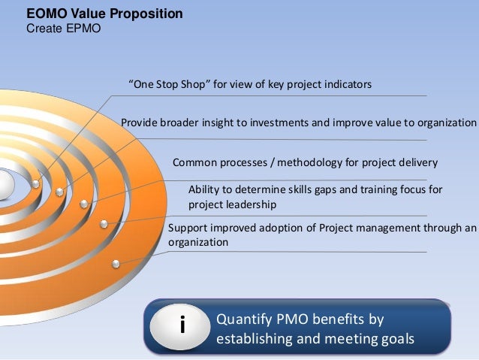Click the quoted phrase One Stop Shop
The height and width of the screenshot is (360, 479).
tap(169, 85)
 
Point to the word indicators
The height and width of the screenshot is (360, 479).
tap(346, 85)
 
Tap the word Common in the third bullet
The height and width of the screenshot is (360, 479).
tap(194, 162)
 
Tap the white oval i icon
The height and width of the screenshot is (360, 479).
tap(181, 328)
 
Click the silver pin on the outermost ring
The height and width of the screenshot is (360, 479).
tap(116, 263)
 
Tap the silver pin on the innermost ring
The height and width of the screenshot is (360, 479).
tap(36, 183)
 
